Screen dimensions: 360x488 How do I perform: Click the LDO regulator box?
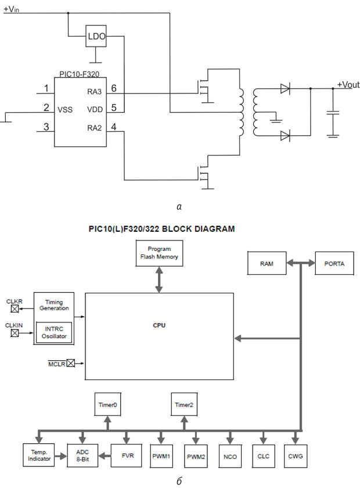(x=96, y=36)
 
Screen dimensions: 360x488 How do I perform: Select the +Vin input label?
(x=11, y=9)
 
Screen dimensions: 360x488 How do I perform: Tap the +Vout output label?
(x=348, y=85)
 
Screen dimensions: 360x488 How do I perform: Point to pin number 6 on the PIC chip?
(x=114, y=88)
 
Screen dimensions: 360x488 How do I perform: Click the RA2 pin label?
(x=94, y=128)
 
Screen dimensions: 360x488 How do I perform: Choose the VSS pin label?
(x=65, y=110)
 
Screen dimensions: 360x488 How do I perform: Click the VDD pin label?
(x=95, y=110)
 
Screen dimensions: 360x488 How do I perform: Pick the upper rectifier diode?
(x=285, y=89)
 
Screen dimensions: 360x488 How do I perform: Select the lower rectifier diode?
(x=285, y=136)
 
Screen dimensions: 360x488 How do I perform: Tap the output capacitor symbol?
(x=333, y=112)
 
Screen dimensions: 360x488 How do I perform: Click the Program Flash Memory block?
(x=159, y=253)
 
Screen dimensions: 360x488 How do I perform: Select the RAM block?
(x=267, y=263)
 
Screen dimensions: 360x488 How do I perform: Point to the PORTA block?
(x=334, y=263)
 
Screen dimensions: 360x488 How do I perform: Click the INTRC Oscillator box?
(x=54, y=332)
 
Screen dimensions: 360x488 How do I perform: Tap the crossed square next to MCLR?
(x=71, y=363)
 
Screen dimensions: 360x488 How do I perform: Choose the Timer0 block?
(x=107, y=404)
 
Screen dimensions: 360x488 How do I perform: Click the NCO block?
(x=230, y=456)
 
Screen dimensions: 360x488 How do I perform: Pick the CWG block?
(x=296, y=456)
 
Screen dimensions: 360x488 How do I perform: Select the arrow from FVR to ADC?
(x=105, y=456)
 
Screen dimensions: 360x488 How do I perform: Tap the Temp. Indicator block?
(x=39, y=455)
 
